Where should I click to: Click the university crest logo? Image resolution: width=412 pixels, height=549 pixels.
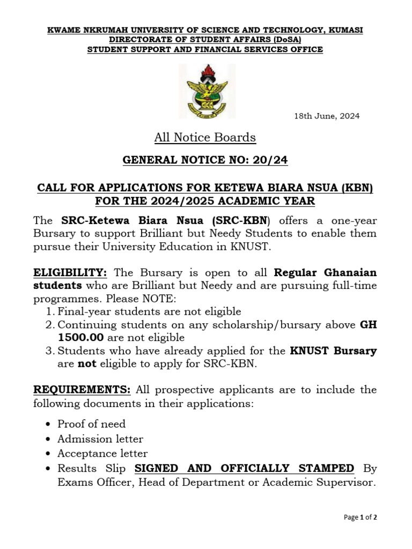pos(206,91)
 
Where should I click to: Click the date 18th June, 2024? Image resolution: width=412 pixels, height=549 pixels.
pos(327,116)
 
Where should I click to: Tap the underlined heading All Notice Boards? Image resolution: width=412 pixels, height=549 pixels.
pos(205,138)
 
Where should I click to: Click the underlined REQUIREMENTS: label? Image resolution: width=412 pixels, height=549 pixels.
pos(83,389)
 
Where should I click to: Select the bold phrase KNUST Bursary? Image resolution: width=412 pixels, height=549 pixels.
pos(333,351)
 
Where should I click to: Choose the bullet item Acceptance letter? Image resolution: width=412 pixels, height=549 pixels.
pos(102,454)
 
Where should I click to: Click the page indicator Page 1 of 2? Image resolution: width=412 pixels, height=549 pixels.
pos(360,517)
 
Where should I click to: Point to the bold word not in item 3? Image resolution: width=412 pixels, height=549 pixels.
pos(82,365)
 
